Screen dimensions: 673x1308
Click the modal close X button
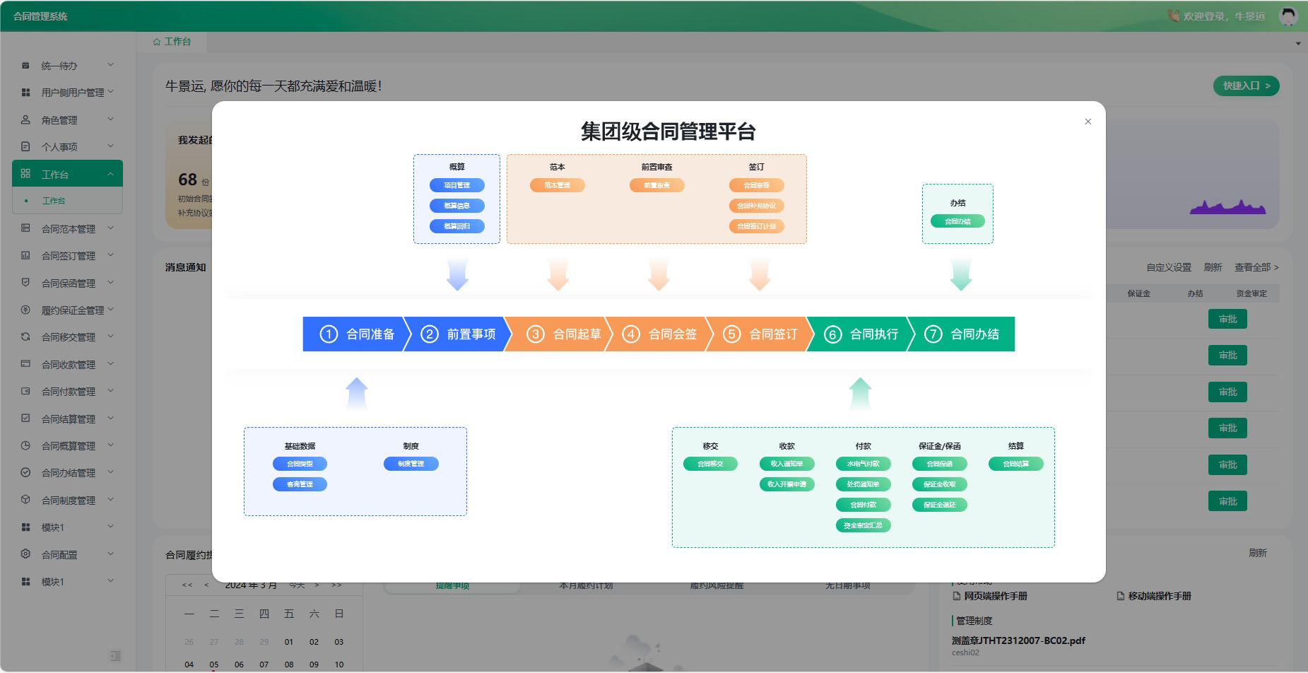1088,122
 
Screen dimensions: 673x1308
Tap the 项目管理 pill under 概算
456,185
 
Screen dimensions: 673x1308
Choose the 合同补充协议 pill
756,206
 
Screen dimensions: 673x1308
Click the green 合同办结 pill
958,221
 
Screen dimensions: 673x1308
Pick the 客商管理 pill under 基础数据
300,484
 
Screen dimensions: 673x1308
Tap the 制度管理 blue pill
411,464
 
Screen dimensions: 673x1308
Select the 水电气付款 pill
863,464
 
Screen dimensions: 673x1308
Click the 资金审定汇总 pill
863,525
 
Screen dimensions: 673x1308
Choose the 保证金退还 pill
939,505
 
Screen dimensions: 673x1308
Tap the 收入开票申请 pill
786,484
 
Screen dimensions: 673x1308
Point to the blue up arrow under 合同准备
357,393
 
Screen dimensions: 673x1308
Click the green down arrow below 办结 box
961,274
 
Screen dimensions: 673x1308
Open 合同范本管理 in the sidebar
68,229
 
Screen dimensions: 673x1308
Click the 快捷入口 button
1246,86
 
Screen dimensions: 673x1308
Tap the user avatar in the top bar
1288,16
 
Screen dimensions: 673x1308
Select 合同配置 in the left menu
59,555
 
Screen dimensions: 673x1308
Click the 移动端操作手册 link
1159,596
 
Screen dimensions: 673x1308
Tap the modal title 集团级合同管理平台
668,131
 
